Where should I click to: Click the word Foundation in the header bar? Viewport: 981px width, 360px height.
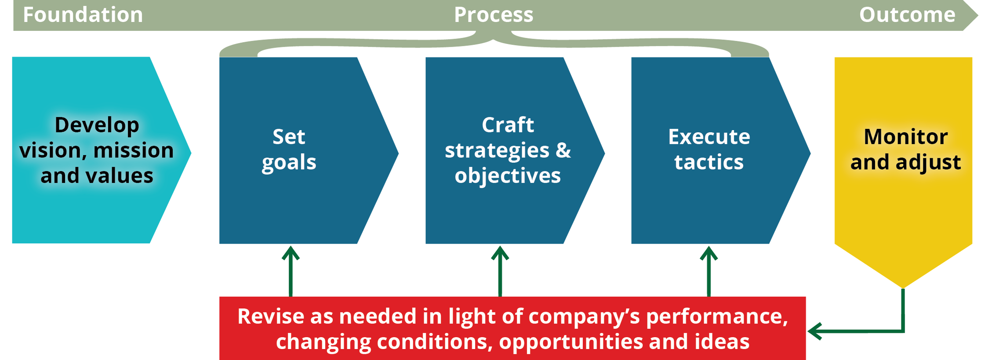click(83, 15)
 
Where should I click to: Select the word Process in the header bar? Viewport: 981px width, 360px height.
click(494, 15)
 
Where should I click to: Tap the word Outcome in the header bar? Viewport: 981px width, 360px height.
click(907, 15)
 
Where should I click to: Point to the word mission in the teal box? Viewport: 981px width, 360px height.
click(134, 150)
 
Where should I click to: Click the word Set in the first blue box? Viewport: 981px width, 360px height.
click(289, 137)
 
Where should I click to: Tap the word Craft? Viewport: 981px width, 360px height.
click(508, 125)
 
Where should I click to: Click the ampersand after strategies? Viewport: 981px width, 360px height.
click(563, 150)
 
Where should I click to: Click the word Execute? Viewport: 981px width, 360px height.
click(709, 137)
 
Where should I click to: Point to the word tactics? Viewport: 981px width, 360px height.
click(709, 162)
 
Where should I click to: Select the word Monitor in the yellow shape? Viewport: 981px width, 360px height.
click(905, 137)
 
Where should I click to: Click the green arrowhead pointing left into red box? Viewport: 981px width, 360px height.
click(815, 331)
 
